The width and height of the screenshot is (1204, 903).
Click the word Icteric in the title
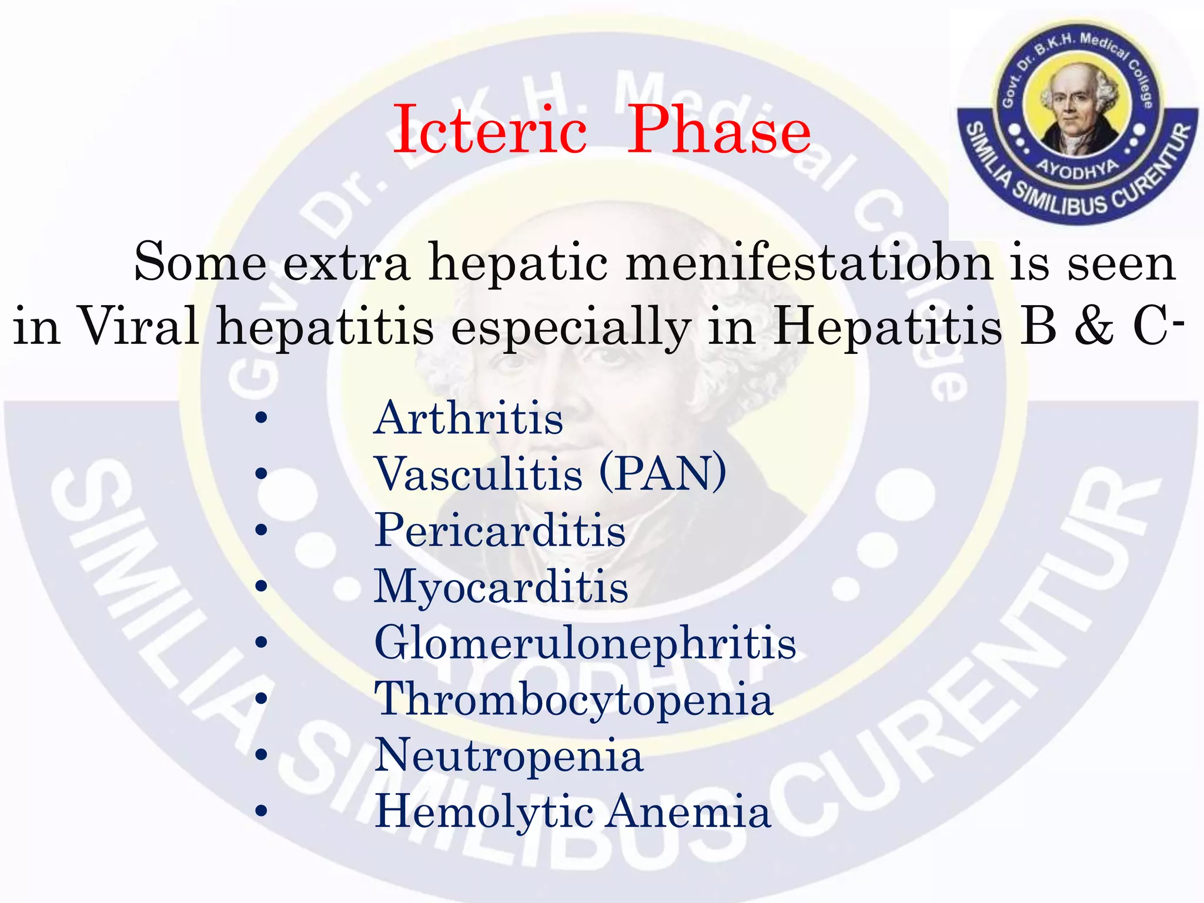pyautogui.click(x=489, y=131)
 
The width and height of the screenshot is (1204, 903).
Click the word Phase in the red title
pyautogui.click(x=718, y=131)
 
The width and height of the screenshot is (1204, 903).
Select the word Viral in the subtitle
pyautogui.click(x=139, y=326)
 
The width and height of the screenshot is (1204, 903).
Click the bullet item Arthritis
pyautogui.click(x=469, y=419)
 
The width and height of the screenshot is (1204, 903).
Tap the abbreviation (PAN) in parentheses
pyautogui.click(x=663, y=474)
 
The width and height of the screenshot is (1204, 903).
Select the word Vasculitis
pyautogui.click(x=479, y=474)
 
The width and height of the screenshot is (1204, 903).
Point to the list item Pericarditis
pyautogui.click(x=500, y=530)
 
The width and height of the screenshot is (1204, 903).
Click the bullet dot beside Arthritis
pyautogui.click(x=262, y=419)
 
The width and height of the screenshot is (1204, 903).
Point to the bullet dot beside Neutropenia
pyautogui.click(x=262, y=755)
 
